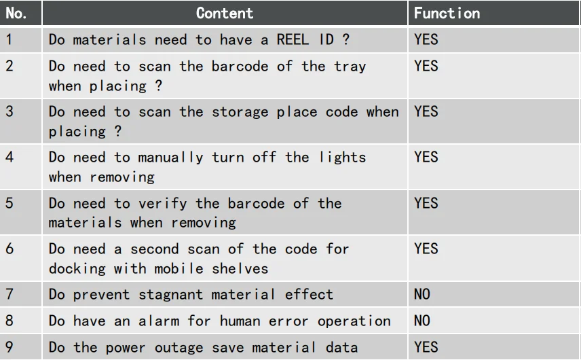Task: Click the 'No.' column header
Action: [x=16, y=14]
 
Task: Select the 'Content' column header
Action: [x=225, y=14]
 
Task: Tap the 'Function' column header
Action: [x=447, y=14]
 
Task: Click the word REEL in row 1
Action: [x=293, y=39]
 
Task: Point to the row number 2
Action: [x=10, y=66]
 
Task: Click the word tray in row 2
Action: [x=350, y=67]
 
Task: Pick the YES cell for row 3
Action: [x=426, y=111]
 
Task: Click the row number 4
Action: [x=10, y=157]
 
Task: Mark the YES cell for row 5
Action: [x=426, y=203]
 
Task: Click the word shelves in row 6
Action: [x=240, y=268]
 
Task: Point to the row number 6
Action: [x=10, y=249]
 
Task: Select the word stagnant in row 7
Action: [x=170, y=295]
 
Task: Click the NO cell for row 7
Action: [x=422, y=294]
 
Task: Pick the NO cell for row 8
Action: [x=422, y=321]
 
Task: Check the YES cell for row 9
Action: [x=426, y=347]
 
